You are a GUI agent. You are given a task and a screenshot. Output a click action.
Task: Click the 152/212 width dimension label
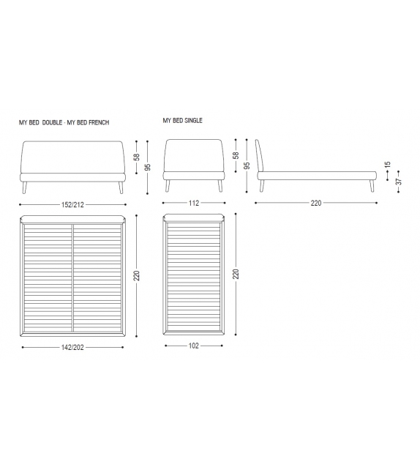tap(72, 205)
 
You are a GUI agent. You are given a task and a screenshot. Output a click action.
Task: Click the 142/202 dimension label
tap(72, 348)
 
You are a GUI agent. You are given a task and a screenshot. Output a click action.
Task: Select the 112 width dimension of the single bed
tap(194, 204)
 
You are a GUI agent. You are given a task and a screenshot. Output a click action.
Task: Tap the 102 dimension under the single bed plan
tap(193, 346)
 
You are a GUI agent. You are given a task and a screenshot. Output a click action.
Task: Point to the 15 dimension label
tap(388, 165)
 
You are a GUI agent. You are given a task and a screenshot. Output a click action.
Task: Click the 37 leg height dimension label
tap(399, 182)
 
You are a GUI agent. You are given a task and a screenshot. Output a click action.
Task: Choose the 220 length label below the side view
tap(316, 204)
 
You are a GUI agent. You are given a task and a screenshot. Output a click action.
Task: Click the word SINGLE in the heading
tap(193, 121)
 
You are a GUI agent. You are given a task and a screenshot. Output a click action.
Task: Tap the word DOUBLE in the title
tap(52, 122)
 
